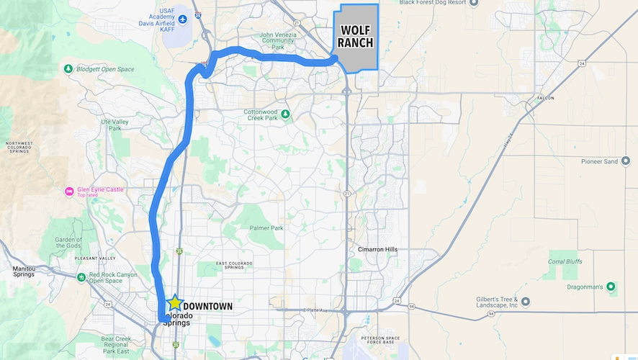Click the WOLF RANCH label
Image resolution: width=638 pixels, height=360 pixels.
(x=356, y=37)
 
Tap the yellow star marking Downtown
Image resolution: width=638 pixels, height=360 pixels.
(x=174, y=304)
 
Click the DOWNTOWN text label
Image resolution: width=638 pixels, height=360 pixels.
(x=207, y=306)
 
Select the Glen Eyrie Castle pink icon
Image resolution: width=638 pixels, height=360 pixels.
(x=69, y=192)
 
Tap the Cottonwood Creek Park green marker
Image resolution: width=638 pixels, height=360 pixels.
(x=286, y=114)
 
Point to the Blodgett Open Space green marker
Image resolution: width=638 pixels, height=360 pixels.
(x=68, y=69)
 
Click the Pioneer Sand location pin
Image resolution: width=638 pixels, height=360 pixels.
(x=626, y=161)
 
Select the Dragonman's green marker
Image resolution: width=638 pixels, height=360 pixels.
(x=611, y=287)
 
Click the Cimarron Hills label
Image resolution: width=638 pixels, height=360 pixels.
(x=377, y=250)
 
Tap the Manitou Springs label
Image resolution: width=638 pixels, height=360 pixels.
(x=27, y=271)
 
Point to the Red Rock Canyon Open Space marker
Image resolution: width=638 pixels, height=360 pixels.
(x=82, y=277)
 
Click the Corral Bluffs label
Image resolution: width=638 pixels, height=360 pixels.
(x=563, y=261)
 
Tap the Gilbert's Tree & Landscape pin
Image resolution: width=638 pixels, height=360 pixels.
(x=526, y=301)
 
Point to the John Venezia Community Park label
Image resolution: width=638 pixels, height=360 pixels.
(x=277, y=40)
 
